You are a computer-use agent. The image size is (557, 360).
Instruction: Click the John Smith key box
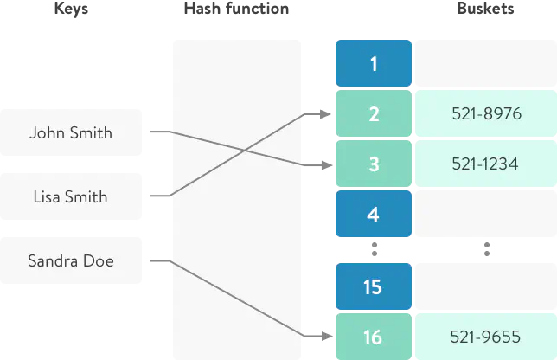pyautogui.click(x=72, y=132)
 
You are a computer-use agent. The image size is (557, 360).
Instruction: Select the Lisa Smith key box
pyautogui.click(x=72, y=197)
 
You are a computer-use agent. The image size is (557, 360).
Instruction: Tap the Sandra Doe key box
pyautogui.click(x=72, y=260)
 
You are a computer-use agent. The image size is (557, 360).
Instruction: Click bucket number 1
pyautogui.click(x=373, y=64)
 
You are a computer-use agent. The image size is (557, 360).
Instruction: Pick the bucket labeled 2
pyautogui.click(x=373, y=113)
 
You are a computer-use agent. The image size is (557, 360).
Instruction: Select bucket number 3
pyautogui.click(x=373, y=164)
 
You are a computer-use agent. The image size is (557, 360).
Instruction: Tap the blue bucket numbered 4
pyautogui.click(x=373, y=214)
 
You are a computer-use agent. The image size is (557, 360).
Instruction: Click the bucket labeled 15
pyautogui.click(x=373, y=286)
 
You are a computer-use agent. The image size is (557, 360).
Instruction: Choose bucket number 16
pyautogui.click(x=373, y=337)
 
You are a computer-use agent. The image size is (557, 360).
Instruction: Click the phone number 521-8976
pyautogui.click(x=486, y=113)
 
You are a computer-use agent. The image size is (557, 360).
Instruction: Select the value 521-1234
pyautogui.click(x=486, y=164)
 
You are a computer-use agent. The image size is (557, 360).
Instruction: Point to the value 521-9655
pyautogui.click(x=486, y=337)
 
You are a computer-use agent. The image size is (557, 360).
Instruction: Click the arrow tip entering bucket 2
pyautogui.click(x=321, y=113)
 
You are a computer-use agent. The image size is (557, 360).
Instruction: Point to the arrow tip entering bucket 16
pyautogui.click(x=321, y=336)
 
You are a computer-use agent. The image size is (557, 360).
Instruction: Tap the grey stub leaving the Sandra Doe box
pyautogui.click(x=158, y=260)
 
